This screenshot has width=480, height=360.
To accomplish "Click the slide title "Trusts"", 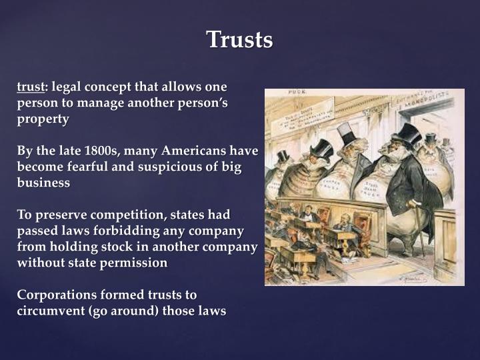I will pos(239,40).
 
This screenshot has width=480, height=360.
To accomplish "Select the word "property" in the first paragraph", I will pos(43,119).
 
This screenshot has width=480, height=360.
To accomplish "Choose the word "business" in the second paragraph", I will pos(43,183).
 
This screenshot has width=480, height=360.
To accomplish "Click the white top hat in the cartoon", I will pos(346,132).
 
